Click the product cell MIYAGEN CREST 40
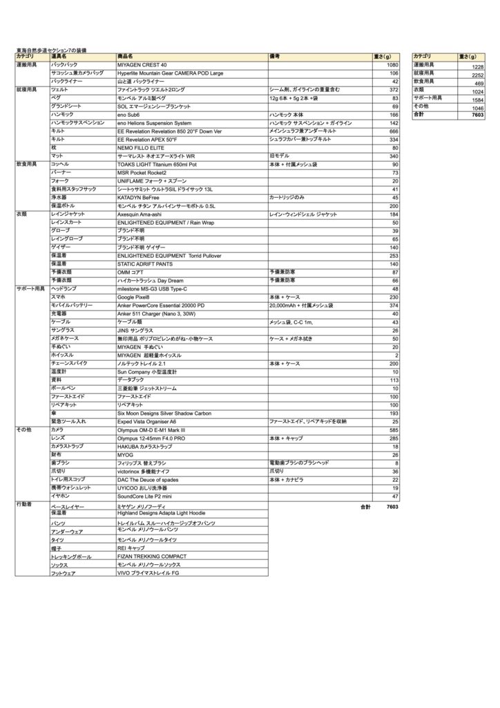tap(143, 64)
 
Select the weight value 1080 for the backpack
tap(392, 64)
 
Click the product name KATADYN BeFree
tap(138, 197)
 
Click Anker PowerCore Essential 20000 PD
tap(161, 305)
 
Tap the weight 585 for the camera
tap(394, 430)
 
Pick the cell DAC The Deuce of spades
tap(148, 479)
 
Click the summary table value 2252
tap(477, 75)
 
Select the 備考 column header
tap(275, 56)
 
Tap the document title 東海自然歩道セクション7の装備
tap(57, 50)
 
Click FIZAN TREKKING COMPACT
tap(152, 556)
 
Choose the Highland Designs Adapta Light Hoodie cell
tap(162, 513)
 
